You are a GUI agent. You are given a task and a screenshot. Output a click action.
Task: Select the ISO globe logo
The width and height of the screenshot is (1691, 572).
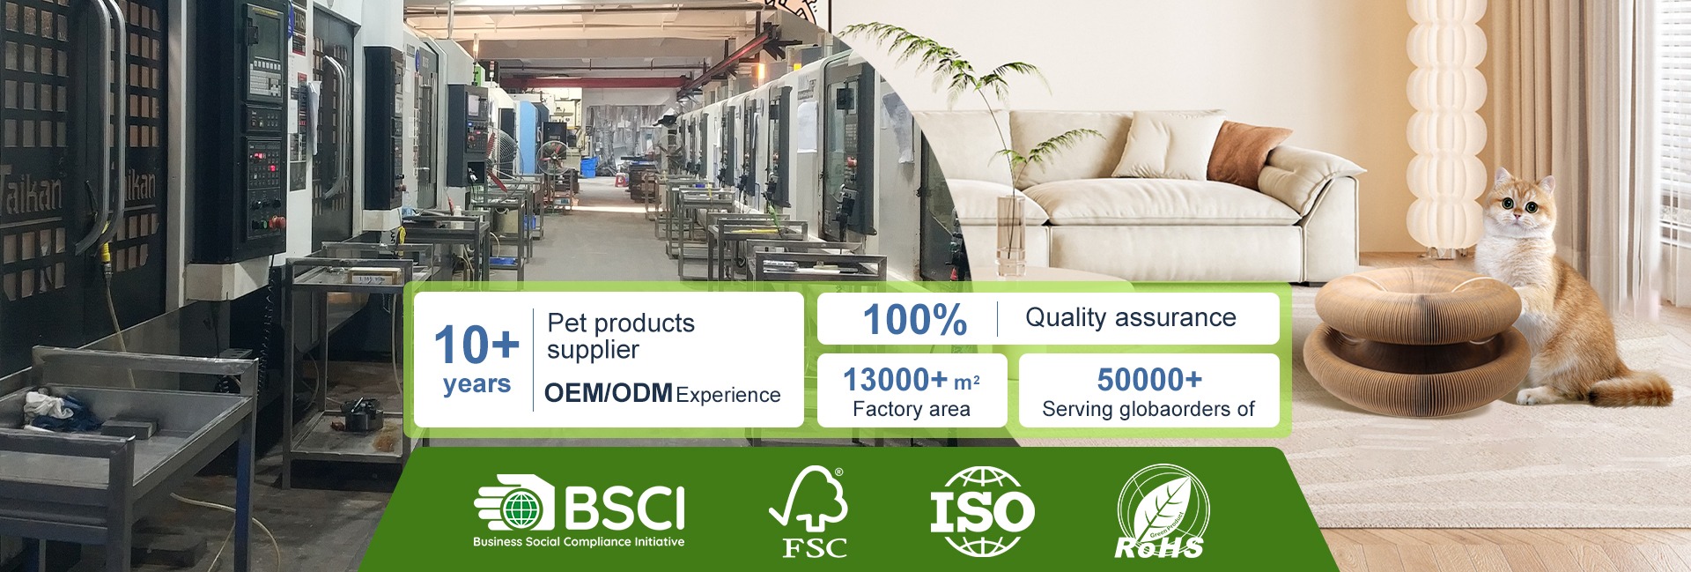coord(982,511)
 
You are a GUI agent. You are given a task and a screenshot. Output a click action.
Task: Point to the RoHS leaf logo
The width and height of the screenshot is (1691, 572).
coord(1163,512)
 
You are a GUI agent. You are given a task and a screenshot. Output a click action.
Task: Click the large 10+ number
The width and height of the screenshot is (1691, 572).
coord(476,344)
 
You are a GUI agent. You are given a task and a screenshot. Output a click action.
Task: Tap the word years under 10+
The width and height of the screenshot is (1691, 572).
coord(476,384)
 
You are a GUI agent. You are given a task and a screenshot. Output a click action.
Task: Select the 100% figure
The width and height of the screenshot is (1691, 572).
coord(914,319)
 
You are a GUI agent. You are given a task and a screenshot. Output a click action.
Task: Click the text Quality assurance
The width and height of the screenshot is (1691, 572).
coord(1130,317)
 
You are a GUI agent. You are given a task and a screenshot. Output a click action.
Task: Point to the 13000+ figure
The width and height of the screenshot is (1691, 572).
coord(895,379)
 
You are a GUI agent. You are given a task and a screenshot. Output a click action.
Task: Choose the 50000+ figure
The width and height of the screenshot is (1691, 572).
coord(1149,379)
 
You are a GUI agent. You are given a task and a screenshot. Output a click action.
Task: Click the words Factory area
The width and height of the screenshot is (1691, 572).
coord(912,409)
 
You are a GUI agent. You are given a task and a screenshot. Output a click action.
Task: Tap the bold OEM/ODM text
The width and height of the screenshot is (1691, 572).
coord(609,393)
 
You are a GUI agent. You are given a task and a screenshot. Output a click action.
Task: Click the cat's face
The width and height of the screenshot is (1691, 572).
coord(1519,209)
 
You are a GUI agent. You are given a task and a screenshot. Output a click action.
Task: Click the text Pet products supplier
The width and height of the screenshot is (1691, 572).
coord(621,336)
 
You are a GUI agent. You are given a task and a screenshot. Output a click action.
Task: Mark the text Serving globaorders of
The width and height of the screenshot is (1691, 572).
coord(1148,409)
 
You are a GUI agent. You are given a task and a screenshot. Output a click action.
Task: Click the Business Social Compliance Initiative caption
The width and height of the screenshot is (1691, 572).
coord(579,542)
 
